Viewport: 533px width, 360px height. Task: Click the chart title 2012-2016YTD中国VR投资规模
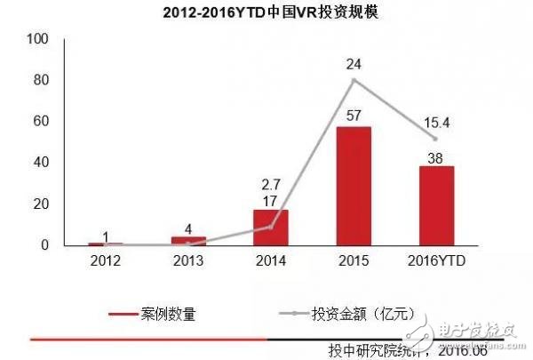tap(267, 14)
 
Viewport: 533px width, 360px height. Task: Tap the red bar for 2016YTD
tap(435, 205)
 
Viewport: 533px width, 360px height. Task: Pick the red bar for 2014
tap(270, 228)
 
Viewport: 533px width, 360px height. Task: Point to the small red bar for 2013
tap(187, 241)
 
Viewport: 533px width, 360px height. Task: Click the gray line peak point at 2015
tap(353, 80)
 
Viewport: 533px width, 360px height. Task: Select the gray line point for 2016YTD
tap(435, 139)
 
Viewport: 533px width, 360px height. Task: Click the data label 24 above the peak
tap(353, 63)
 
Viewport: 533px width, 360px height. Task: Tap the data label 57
tap(353, 116)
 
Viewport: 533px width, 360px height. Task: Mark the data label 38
tap(434, 156)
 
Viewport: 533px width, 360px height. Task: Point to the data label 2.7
tap(270, 183)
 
